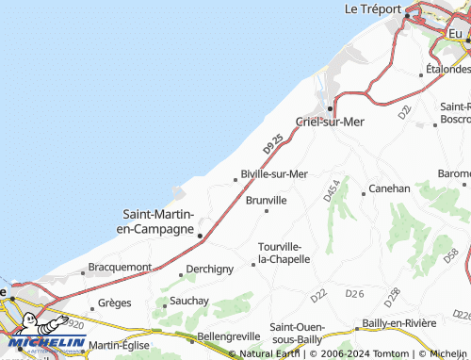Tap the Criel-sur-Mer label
(x=330, y=121)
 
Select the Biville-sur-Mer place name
(x=274, y=173)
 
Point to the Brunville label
(x=266, y=200)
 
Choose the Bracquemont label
(x=120, y=267)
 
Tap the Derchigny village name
(x=209, y=269)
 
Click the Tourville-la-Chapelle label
(x=284, y=253)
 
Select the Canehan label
(x=388, y=188)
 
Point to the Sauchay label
(x=188, y=301)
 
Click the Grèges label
(x=115, y=304)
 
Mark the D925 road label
(x=274, y=143)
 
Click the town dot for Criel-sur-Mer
(x=330, y=108)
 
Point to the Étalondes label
(x=448, y=69)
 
